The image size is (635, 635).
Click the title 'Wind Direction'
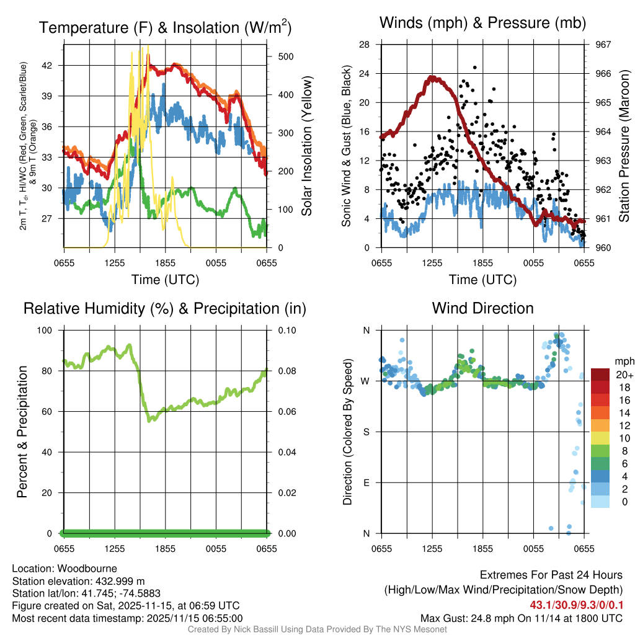pyautogui.click(x=482, y=308)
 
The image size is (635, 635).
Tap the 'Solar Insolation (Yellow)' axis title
pyautogui.click(x=306, y=146)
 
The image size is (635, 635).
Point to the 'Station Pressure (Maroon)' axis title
pyautogui.click(x=624, y=146)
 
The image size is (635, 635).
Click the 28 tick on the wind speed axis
pyautogui.click(x=365, y=45)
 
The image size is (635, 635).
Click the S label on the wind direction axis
pyautogui.click(x=366, y=432)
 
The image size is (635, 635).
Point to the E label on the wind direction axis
pyautogui.click(x=366, y=482)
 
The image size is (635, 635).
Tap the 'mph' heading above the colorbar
pyautogui.click(x=623, y=361)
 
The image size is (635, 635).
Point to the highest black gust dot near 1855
pyautogui.click(x=475, y=68)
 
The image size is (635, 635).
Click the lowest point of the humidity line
pyautogui.click(x=149, y=420)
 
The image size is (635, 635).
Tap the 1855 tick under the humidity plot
pyautogui.click(x=165, y=548)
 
